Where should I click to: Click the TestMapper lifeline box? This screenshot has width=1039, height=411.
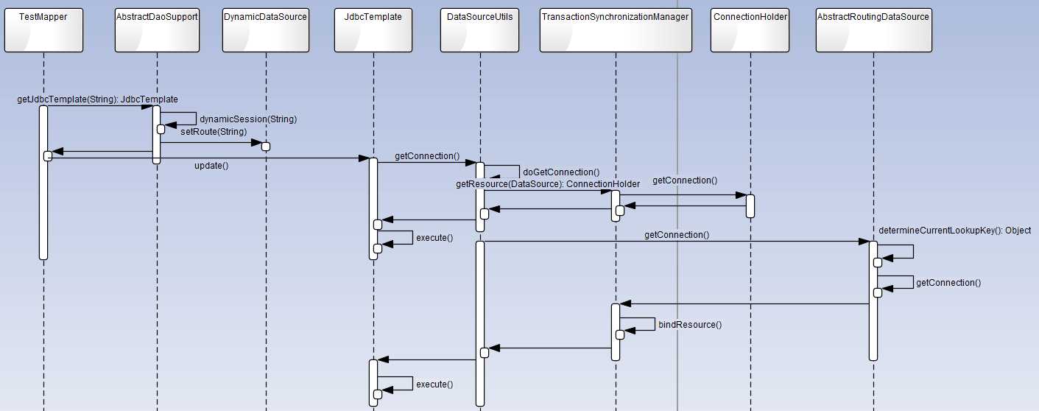point(43,31)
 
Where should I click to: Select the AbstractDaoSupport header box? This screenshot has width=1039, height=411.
point(157,31)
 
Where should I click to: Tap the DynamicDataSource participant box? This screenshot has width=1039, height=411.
point(265,31)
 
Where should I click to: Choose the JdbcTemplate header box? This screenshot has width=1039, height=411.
point(373,31)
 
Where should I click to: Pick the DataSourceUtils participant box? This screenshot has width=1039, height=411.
point(479,31)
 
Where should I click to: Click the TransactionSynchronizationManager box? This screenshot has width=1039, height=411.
point(616,31)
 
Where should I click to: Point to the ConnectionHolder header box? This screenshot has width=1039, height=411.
point(750,31)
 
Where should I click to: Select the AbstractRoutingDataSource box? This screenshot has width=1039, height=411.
point(873,31)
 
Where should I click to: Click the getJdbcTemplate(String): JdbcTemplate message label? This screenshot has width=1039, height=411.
point(97,99)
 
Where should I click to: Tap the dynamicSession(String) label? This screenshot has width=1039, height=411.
point(248,118)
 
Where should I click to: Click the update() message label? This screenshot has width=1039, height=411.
point(211,166)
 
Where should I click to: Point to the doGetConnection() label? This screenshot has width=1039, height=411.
point(561,172)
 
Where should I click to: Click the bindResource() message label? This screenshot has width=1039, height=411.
point(690,324)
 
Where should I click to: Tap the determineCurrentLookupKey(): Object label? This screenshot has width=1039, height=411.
point(954,231)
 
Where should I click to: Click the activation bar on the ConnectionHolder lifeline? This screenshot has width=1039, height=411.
point(750,205)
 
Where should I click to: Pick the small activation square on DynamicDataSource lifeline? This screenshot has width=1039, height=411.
point(266,147)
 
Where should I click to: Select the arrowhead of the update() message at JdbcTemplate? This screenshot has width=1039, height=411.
point(364,158)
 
